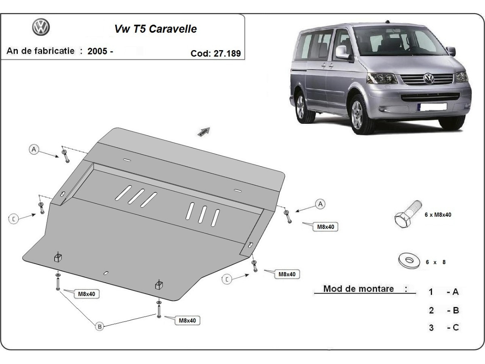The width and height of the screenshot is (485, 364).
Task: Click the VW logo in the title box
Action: click(x=40, y=27)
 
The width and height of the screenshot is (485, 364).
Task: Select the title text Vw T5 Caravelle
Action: click(x=156, y=29)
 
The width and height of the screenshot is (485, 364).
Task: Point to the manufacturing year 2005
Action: click(x=97, y=51)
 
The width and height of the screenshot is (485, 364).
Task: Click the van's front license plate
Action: click(x=432, y=107)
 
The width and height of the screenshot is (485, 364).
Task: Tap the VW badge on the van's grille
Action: click(x=428, y=78)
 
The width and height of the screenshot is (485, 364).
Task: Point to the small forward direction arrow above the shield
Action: click(x=204, y=131)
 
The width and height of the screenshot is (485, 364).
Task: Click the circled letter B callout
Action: click(x=99, y=326)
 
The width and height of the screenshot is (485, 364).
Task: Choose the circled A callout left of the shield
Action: click(x=34, y=150)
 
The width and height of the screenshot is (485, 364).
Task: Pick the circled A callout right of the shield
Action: click(x=320, y=204)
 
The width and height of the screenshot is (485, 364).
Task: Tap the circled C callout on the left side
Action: click(x=14, y=219)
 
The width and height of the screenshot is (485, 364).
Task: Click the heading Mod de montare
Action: click(x=359, y=289)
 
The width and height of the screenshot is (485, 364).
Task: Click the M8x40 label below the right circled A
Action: click(x=325, y=227)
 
